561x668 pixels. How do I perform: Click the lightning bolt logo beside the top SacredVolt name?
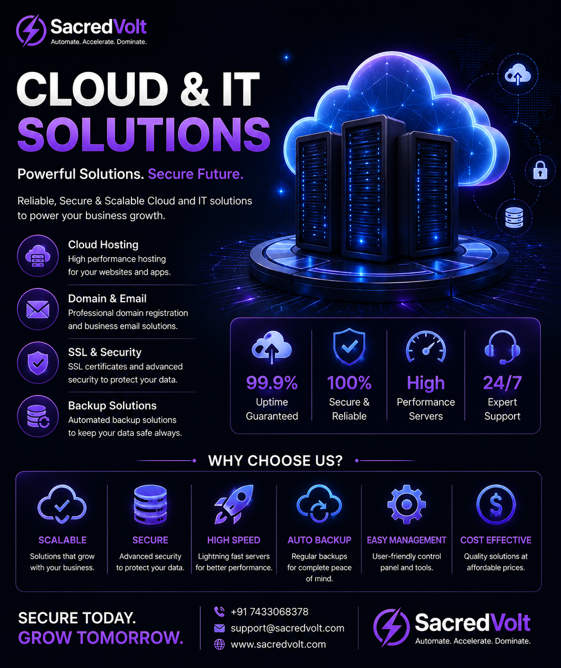coord(31,30)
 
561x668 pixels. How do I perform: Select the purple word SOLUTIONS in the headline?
coord(144,134)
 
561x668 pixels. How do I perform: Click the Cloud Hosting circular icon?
coord(38,256)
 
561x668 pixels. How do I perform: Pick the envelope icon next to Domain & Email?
coord(38,309)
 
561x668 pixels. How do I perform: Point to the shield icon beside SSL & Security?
coord(38,363)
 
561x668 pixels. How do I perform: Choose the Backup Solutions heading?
coord(112,405)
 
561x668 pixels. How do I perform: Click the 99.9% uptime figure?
coord(272,383)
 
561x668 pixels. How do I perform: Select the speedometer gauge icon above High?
coord(426,347)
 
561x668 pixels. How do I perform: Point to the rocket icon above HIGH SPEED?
coord(234,505)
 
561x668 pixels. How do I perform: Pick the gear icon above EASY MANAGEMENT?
coord(406,505)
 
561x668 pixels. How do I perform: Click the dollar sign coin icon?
coord(496,505)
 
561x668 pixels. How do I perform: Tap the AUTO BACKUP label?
coord(319,540)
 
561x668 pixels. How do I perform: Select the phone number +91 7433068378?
coord(270,612)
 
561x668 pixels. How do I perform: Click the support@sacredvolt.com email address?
coord(287,628)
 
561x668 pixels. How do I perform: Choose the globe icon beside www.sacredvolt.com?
coord(219,644)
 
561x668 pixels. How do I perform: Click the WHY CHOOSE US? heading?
coord(275,461)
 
